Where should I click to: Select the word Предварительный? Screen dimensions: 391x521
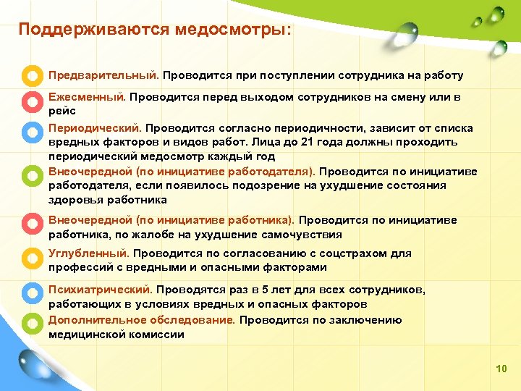pyautogui.click(x=103, y=75)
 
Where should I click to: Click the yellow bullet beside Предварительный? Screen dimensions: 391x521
pyautogui.click(x=31, y=75)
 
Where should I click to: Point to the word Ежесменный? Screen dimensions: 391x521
pyautogui.click(x=87, y=96)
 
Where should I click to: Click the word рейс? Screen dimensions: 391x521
pyautogui.click(x=62, y=112)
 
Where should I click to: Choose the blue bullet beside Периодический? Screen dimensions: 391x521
pyautogui.click(x=31, y=131)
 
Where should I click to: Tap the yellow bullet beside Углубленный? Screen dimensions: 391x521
pyautogui.click(x=31, y=257)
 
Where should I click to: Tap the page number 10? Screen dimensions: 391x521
pyautogui.click(x=501, y=369)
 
